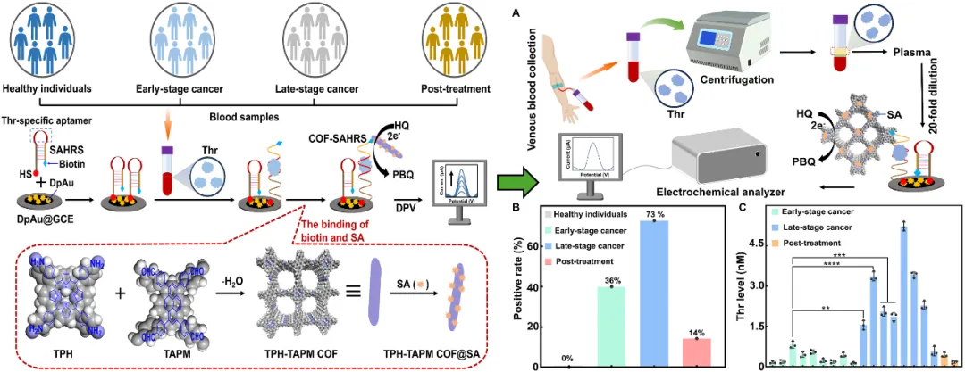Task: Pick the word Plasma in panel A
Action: tap(911, 54)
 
